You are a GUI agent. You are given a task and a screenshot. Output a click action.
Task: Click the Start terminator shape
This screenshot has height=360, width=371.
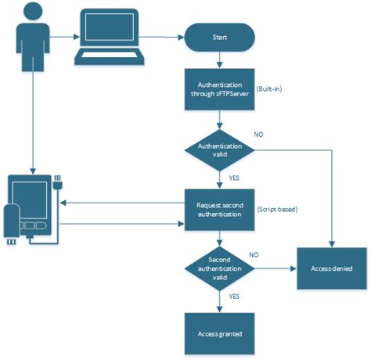219,37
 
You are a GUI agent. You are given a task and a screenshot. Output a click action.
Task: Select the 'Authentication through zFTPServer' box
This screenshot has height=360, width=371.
219,89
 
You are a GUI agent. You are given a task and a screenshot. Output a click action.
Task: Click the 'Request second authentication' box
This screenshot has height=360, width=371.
219,210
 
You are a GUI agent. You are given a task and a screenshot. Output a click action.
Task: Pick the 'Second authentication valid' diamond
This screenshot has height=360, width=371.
219,268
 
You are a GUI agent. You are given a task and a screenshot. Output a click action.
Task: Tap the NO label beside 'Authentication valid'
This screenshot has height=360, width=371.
259,135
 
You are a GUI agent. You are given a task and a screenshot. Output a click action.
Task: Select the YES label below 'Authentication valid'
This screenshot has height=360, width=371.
234,177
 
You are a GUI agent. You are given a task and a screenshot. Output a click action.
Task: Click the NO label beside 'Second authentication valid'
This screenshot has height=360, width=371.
254,255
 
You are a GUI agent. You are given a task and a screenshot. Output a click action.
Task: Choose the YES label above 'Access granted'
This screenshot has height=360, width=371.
234,297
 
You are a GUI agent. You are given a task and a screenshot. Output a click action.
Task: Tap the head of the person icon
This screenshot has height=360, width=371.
32,12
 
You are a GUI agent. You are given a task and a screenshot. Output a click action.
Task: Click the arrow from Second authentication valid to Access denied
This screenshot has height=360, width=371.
274,268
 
